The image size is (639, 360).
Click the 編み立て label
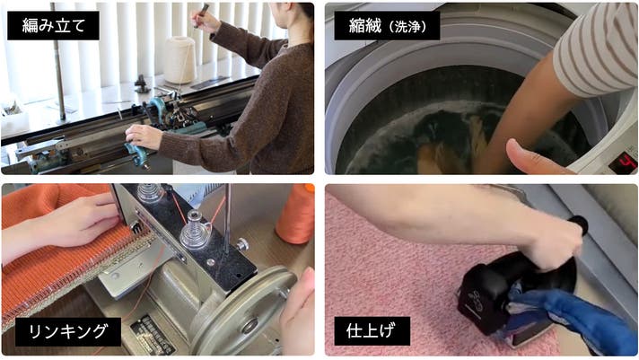tap(53, 25)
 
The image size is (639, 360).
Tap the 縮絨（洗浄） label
tap(387, 25)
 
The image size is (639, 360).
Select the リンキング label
tap(68, 332)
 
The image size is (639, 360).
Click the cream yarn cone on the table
tap(180, 59)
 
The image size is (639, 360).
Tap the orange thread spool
tap(296, 214)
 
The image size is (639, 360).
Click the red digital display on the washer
tap(623, 162)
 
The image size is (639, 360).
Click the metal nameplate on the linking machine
tap(153, 335)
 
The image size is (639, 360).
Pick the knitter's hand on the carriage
tap(144, 136)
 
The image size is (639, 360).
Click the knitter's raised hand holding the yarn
tap(206, 21)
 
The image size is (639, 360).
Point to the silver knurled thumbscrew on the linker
tap(242, 244)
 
